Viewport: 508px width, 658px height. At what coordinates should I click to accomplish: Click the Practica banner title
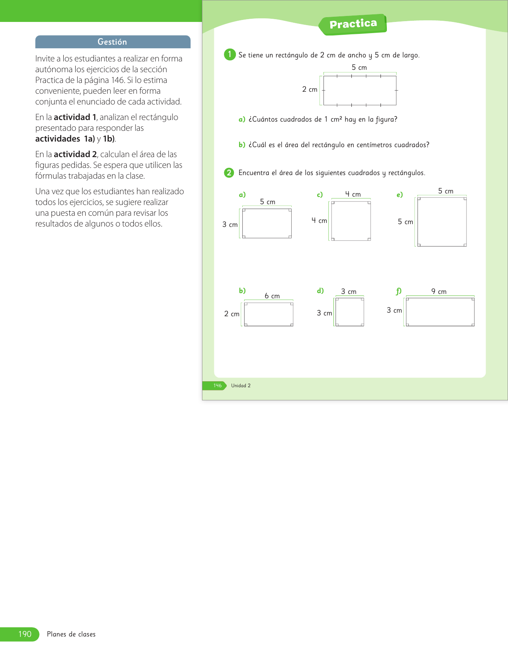pos(353,24)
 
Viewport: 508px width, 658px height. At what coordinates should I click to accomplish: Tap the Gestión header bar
pos(113,42)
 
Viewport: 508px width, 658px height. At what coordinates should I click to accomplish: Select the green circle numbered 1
pos(229,55)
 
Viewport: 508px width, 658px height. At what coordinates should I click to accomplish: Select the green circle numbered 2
pos(229,173)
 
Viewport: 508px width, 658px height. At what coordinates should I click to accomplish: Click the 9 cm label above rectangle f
pos(439,292)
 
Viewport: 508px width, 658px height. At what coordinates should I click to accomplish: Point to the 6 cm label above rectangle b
pos(272,296)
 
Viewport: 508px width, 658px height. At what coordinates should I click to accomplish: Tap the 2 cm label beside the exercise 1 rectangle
pos(310,89)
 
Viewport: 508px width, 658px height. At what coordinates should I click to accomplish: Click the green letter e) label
pos(400,195)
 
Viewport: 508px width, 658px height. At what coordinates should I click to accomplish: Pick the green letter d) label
pos(320,291)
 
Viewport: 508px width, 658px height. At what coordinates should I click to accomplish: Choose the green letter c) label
pos(320,195)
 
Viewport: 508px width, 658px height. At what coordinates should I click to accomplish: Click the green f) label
pos(398,291)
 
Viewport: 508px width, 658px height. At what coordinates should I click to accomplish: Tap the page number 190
pos(25,634)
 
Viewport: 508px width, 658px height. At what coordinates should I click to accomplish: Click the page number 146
pos(217,386)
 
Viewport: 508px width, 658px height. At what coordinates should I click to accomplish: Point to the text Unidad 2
pos(241,386)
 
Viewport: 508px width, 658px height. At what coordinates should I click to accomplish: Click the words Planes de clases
pos(71,634)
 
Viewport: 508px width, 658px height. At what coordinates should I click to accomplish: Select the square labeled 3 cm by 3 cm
pos(350,312)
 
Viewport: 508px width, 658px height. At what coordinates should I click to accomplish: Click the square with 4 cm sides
pos(351,221)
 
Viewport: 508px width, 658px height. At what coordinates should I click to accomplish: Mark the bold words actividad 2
pos(75,154)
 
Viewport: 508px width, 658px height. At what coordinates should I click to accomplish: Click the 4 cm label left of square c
pos(319,221)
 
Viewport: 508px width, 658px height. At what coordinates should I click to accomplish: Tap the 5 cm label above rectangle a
pos(268,202)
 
